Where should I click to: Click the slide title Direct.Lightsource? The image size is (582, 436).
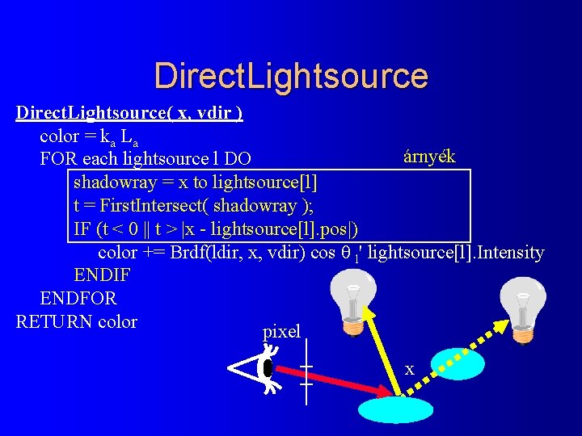click(x=290, y=75)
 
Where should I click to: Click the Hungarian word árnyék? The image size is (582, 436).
click(x=428, y=157)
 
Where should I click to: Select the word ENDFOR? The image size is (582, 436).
click(x=78, y=298)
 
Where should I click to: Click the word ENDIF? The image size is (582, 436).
click(x=102, y=275)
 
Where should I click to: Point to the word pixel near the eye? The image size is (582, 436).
click(x=281, y=331)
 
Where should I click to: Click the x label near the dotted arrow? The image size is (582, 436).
click(x=409, y=370)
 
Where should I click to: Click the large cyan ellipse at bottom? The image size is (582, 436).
click(x=391, y=409)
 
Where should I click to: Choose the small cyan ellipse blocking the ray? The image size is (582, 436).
click(x=459, y=365)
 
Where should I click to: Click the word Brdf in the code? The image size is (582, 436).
click(x=186, y=252)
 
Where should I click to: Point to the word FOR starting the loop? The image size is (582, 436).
click(x=56, y=159)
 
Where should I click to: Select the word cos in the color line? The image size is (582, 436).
click(x=323, y=252)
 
